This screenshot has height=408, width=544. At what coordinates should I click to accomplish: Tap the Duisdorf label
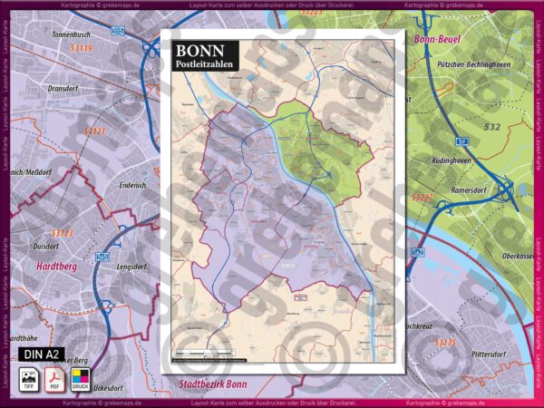[x=45, y=246]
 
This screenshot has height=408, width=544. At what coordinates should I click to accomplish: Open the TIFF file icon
[x=28, y=377]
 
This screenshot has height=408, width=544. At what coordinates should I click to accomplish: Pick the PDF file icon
[x=54, y=377]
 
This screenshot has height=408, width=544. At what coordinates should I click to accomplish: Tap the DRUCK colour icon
[x=80, y=377]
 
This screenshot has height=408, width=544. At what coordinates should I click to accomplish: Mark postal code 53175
[x=446, y=343]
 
